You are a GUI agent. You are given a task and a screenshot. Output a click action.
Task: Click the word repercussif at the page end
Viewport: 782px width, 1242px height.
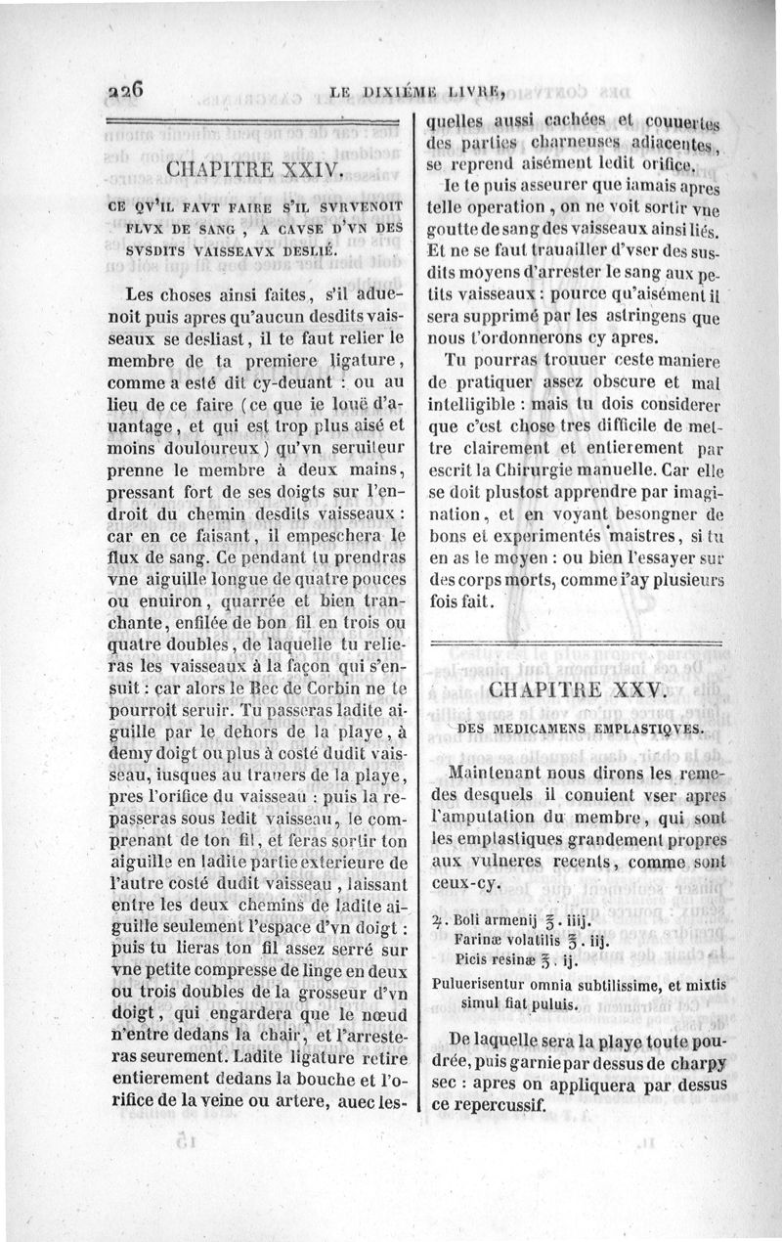497,1104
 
